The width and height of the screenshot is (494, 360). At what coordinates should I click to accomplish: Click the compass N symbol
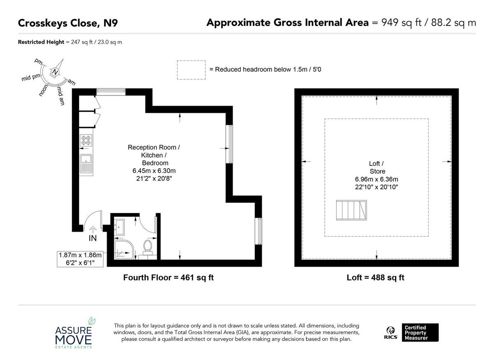55,72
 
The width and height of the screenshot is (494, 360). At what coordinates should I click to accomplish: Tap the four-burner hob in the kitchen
86,140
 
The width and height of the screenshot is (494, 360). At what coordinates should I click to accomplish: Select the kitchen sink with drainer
86,164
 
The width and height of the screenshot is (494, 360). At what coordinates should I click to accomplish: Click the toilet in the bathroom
147,246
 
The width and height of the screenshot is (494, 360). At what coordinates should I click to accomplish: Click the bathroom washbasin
119,225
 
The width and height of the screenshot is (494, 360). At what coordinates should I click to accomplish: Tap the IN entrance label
93,238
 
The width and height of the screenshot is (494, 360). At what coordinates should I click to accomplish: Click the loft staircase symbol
352,211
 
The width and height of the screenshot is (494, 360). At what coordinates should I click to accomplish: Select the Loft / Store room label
377,167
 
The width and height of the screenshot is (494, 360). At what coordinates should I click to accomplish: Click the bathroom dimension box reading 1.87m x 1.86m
81,259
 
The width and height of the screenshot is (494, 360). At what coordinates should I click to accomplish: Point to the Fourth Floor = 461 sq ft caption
168,278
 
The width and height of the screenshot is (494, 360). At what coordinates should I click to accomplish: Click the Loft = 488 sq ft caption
375,278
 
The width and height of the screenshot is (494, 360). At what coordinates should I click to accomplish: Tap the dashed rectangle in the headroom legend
191,70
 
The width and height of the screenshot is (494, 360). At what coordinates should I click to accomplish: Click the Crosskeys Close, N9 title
68,23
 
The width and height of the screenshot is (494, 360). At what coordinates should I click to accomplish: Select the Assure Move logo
75,332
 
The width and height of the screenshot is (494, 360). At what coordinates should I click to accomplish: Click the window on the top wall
110,92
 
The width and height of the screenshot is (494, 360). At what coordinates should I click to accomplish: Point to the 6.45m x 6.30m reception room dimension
154,171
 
